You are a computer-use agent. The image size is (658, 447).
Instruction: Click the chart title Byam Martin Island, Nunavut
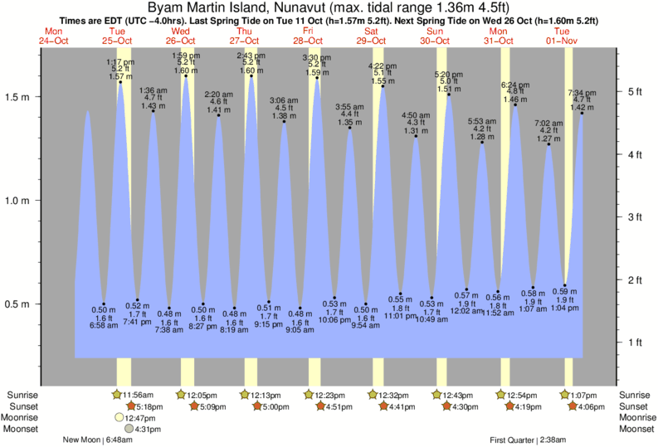(329, 7)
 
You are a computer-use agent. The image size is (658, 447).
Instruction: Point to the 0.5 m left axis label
(19, 304)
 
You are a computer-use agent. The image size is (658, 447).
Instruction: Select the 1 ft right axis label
(636, 342)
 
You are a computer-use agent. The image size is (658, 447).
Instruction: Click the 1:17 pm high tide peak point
(120, 82)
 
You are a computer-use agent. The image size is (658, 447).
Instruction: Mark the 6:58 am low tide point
(104, 304)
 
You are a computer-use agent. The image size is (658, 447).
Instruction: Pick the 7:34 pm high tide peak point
(582, 113)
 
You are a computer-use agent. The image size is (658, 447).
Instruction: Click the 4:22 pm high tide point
(383, 86)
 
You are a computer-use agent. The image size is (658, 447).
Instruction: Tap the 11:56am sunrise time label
(141, 394)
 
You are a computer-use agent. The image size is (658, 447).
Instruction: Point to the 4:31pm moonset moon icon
(129, 429)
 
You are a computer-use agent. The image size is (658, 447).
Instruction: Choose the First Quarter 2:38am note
(529, 440)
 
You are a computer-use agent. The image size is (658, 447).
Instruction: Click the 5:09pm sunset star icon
(194, 406)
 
